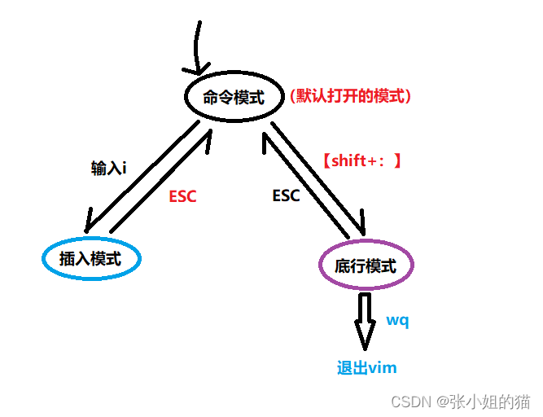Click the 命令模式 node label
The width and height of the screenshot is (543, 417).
pyautogui.click(x=234, y=97)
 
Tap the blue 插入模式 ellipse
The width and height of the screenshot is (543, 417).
pyautogui.click(x=43, y=258)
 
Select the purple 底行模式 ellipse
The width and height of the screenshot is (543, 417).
pyautogui.click(x=319, y=265)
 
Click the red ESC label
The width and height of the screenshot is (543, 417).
pyautogui.click(x=182, y=196)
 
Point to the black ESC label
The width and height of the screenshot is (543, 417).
pyautogui.click(x=286, y=195)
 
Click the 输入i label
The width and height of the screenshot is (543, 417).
pyautogui.click(x=108, y=169)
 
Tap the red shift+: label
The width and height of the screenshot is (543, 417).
pyautogui.click(x=362, y=160)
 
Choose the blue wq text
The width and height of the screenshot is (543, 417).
pyautogui.click(x=397, y=320)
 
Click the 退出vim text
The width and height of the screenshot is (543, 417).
pyautogui.click(x=366, y=367)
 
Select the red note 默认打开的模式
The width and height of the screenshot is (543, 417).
pyautogui.click(x=350, y=96)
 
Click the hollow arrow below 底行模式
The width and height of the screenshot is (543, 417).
pyautogui.click(x=365, y=322)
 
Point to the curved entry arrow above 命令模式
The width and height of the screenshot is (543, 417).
pyautogui.click(x=197, y=46)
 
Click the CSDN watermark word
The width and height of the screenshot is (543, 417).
pyautogui.click(x=411, y=402)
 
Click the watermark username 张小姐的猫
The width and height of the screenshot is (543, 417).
pyautogui.click(x=489, y=402)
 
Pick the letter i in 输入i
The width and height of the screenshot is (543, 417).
pyautogui.click(x=124, y=169)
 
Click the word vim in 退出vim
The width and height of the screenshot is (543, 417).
pyautogui.click(x=382, y=368)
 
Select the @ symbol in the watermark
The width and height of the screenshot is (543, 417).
pyautogui.click(x=442, y=402)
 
